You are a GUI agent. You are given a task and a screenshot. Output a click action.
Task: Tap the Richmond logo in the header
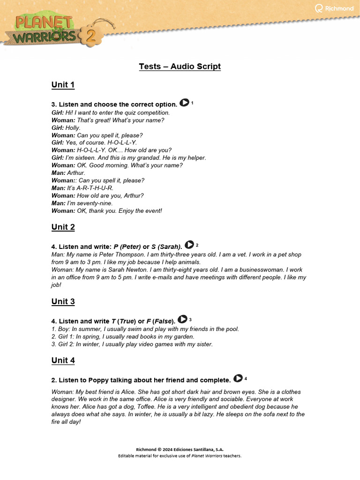click(x=334, y=8)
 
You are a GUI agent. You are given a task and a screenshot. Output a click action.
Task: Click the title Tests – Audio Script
click(x=180, y=67)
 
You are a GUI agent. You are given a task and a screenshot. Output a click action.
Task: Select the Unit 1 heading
click(x=63, y=85)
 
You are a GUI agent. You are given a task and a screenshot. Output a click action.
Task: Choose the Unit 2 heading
click(x=63, y=227)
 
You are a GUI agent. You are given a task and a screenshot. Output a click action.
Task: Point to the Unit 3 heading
click(x=63, y=302)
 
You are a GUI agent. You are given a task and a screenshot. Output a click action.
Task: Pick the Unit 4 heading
click(x=63, y=361)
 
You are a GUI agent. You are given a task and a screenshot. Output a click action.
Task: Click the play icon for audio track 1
click(x=184, y=103)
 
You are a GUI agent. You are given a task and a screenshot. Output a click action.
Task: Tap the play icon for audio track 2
click(x=189, y=245)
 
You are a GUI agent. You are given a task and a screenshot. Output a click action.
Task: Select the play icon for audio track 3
click(x=182, y=320)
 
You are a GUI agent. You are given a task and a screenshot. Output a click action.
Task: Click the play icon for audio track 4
click(x=238, y=378)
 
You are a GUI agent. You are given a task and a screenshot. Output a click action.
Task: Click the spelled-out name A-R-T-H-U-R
click(x=97, y=188)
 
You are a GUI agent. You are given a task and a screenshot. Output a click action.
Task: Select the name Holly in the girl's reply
click(x=73, y=127)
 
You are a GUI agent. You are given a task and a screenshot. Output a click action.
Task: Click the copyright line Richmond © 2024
click(x=180, y=449)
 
